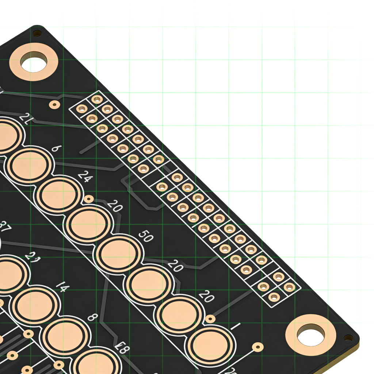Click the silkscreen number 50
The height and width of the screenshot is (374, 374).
[145, 237]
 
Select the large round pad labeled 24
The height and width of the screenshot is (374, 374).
[59, 195]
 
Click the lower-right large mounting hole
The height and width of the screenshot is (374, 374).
[310, 335]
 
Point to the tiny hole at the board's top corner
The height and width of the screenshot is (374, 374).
[37, 34]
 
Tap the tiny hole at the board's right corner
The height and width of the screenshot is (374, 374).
[348, 338]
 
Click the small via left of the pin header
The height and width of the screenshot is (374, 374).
[54, 105]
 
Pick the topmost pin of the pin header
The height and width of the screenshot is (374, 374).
[97, 99]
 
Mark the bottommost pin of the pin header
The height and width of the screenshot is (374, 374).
[274, 297]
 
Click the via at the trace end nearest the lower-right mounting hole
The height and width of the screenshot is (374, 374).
[258, 347]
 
